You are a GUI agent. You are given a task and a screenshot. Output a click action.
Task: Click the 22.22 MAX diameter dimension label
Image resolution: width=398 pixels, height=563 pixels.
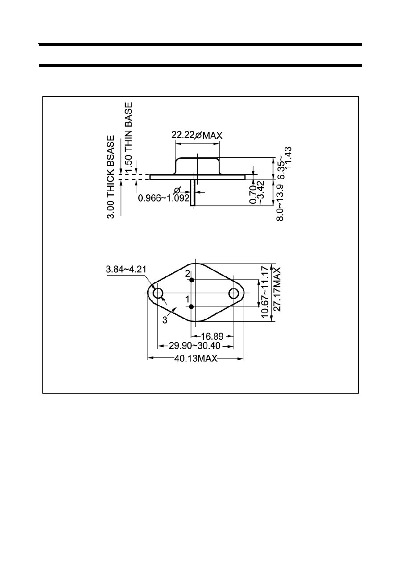point(197,135)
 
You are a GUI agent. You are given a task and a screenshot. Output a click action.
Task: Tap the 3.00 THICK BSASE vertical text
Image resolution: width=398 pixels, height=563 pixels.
point(111,177)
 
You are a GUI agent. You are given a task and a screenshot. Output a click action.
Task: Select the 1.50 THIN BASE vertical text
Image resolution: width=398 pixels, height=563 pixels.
point(129,138)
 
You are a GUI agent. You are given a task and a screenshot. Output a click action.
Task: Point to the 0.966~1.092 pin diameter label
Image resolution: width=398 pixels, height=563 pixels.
point(164,198)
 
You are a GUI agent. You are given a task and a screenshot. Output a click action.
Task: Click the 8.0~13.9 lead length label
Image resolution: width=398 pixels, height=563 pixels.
point(280,202)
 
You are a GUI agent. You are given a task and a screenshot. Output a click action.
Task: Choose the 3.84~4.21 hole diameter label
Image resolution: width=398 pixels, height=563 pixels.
point(126,269)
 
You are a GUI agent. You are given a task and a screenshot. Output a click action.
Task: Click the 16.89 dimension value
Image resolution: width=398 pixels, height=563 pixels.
point(212,336)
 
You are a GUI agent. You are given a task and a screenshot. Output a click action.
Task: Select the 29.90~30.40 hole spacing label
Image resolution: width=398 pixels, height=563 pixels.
point(195,346)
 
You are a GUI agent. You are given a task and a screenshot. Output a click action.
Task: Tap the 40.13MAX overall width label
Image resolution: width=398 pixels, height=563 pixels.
point(196,358)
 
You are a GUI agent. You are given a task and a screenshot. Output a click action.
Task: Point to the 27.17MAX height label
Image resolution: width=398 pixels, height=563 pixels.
point(277,289)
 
